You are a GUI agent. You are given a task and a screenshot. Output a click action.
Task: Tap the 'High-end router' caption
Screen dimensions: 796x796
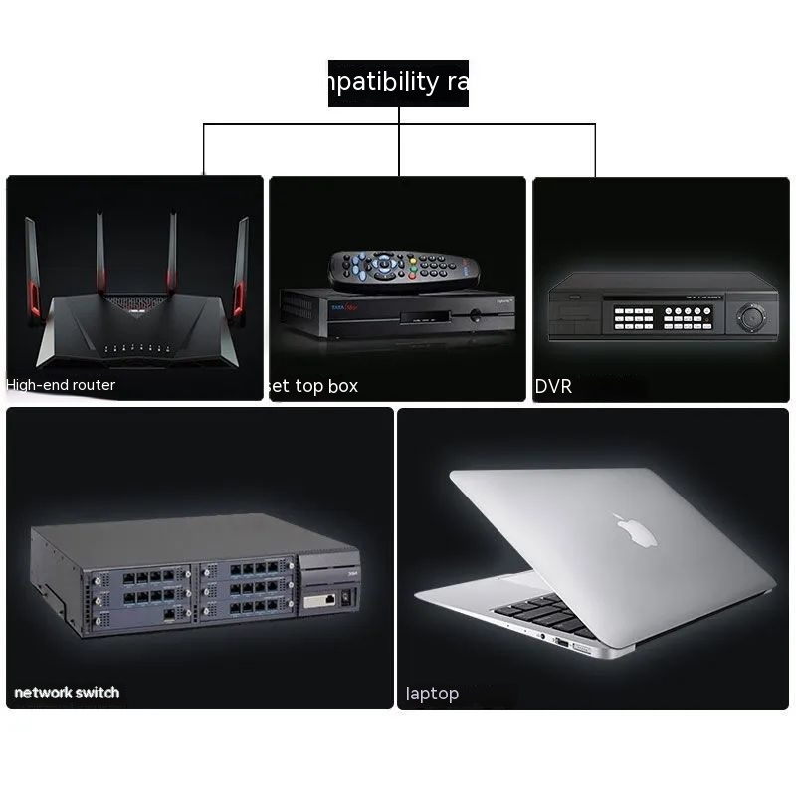62,385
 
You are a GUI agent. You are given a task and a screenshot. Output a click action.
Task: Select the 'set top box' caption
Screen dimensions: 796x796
313,386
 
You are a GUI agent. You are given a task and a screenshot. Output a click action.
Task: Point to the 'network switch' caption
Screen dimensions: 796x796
67,693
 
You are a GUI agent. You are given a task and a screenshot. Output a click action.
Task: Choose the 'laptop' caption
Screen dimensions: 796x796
432,694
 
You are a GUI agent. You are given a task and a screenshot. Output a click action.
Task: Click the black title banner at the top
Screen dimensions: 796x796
398,83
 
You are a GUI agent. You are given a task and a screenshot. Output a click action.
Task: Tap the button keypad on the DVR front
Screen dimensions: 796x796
662,317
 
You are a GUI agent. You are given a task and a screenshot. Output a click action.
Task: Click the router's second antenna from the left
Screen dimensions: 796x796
101,254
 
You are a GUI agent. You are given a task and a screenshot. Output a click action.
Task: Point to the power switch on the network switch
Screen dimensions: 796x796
345,599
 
